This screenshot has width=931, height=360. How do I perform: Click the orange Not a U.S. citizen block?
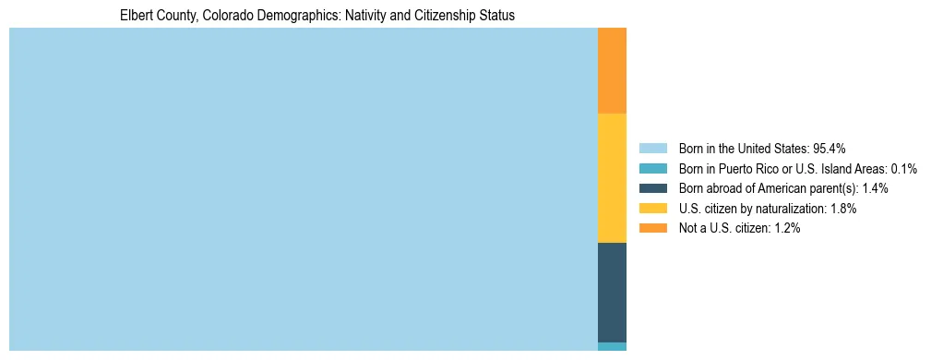coord(612,70)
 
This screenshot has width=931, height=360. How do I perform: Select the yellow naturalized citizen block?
coord(612,177)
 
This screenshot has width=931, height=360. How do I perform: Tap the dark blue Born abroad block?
coord(612,292)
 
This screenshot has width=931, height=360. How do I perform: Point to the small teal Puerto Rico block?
coord(612,346)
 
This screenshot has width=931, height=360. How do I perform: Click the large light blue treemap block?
coord(304,189)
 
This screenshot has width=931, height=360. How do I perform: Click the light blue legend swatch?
coord(652,149)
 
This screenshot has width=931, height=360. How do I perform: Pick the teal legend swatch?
coord(652,169)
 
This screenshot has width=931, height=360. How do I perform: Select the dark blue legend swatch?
coord(652,188)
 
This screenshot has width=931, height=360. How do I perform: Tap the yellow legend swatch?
coord(652,209)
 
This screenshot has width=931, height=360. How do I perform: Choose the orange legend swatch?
coord(652,229)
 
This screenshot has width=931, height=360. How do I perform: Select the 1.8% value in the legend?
coord(842,209)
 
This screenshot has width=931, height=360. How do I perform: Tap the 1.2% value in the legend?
coord(786,229)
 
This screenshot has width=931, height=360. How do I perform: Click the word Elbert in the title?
coord(136,16)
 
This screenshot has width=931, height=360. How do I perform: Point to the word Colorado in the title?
coord(215,16)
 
